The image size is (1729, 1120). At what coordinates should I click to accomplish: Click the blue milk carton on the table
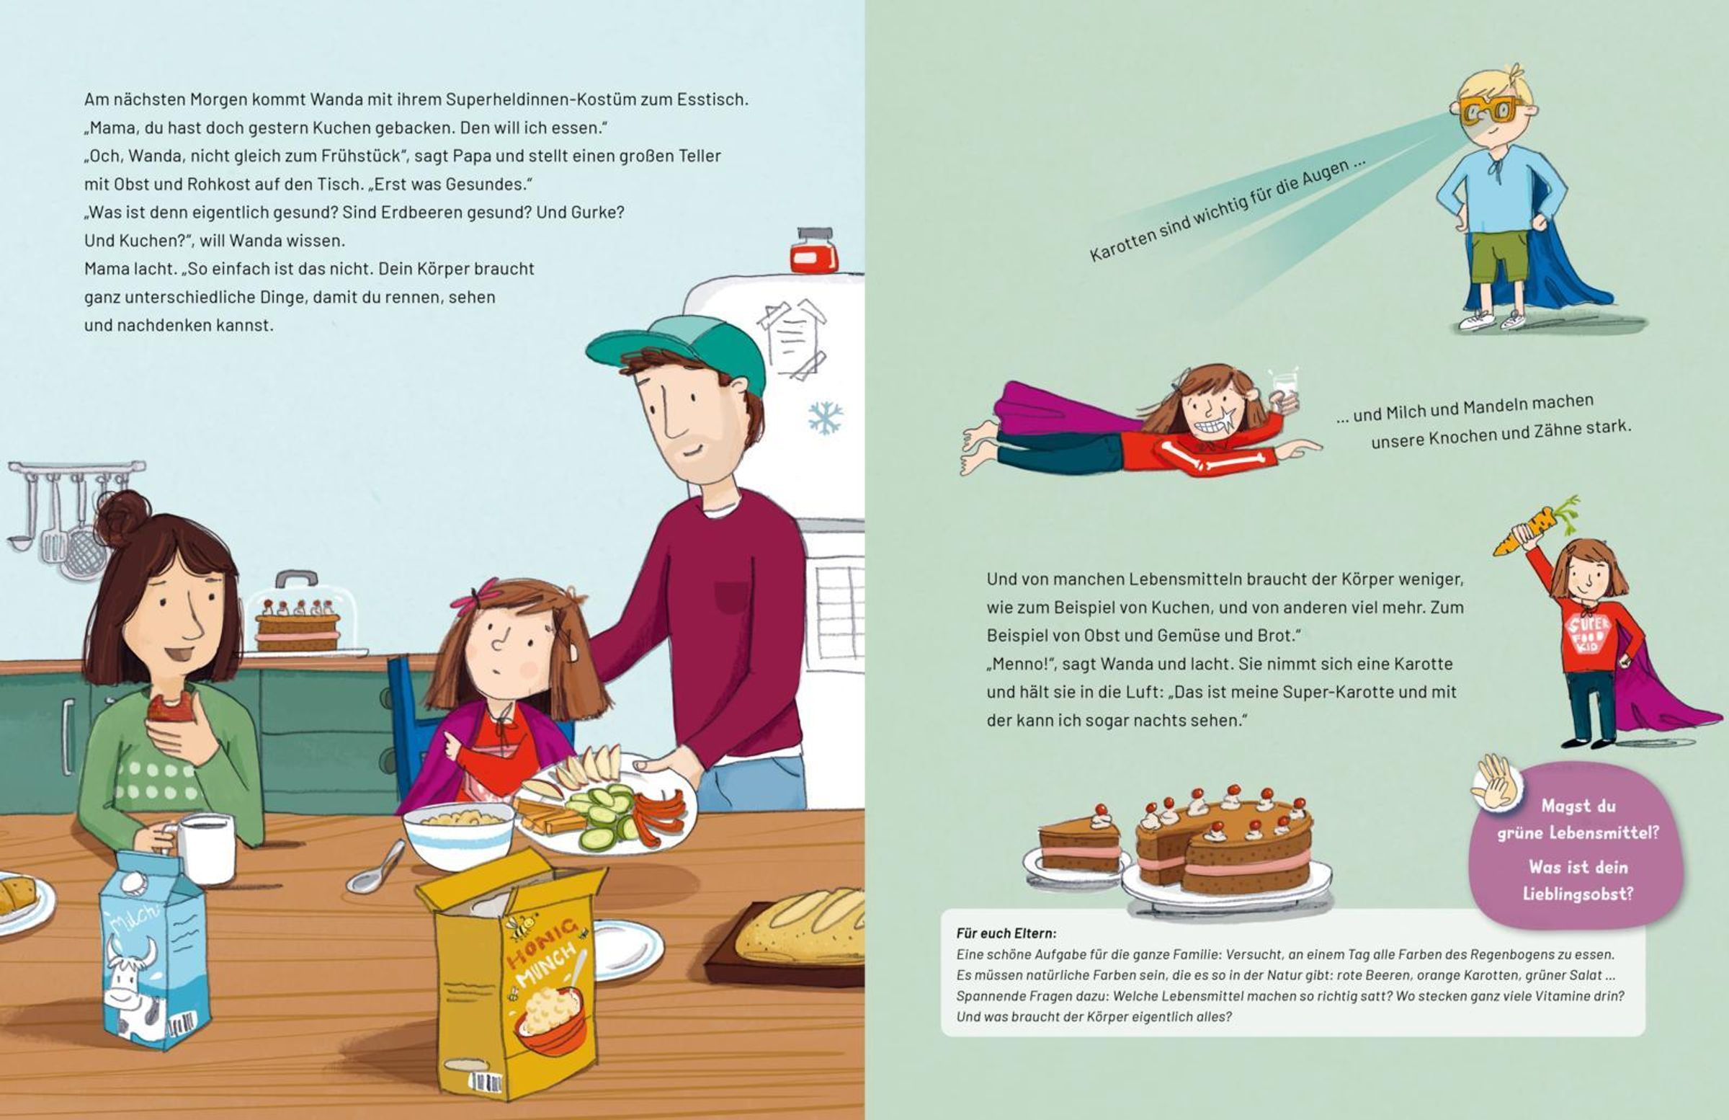tap(154, 948)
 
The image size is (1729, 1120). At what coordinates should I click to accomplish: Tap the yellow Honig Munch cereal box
tap(509, 974)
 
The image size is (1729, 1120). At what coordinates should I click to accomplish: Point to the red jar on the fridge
tap(813, 251)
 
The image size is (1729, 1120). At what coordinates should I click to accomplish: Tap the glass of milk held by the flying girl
tap(1285, 389)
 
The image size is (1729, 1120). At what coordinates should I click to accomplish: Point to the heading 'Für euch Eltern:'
tap(1006, 934)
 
